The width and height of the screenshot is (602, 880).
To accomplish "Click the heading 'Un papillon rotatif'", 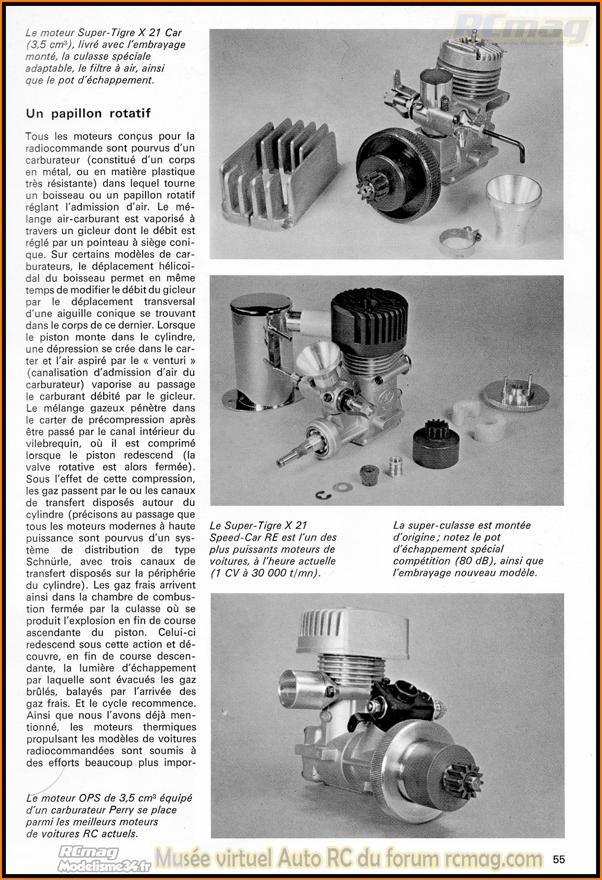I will (88, 114).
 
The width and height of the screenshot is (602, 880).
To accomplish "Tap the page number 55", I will (559, 859).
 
